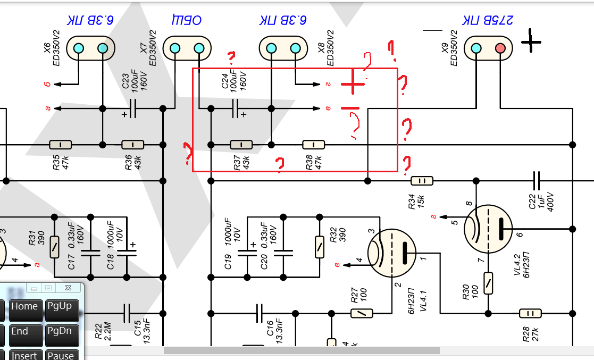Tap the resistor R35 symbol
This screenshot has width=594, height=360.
(60, 145)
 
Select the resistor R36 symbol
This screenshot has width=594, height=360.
(133, 145)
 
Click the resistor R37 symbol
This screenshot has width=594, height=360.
(241, 145)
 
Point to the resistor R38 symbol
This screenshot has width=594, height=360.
(314, 145)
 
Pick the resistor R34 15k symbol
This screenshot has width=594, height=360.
(422, 181)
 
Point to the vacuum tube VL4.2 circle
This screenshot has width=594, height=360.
(488, 229)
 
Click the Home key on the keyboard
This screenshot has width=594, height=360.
(24, 307)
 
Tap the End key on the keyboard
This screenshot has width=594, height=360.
(20, 332)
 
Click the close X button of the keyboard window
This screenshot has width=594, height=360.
(68, 288)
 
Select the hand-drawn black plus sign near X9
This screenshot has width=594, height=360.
(531, 41)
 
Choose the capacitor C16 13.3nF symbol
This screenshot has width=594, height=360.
(259, 313)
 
